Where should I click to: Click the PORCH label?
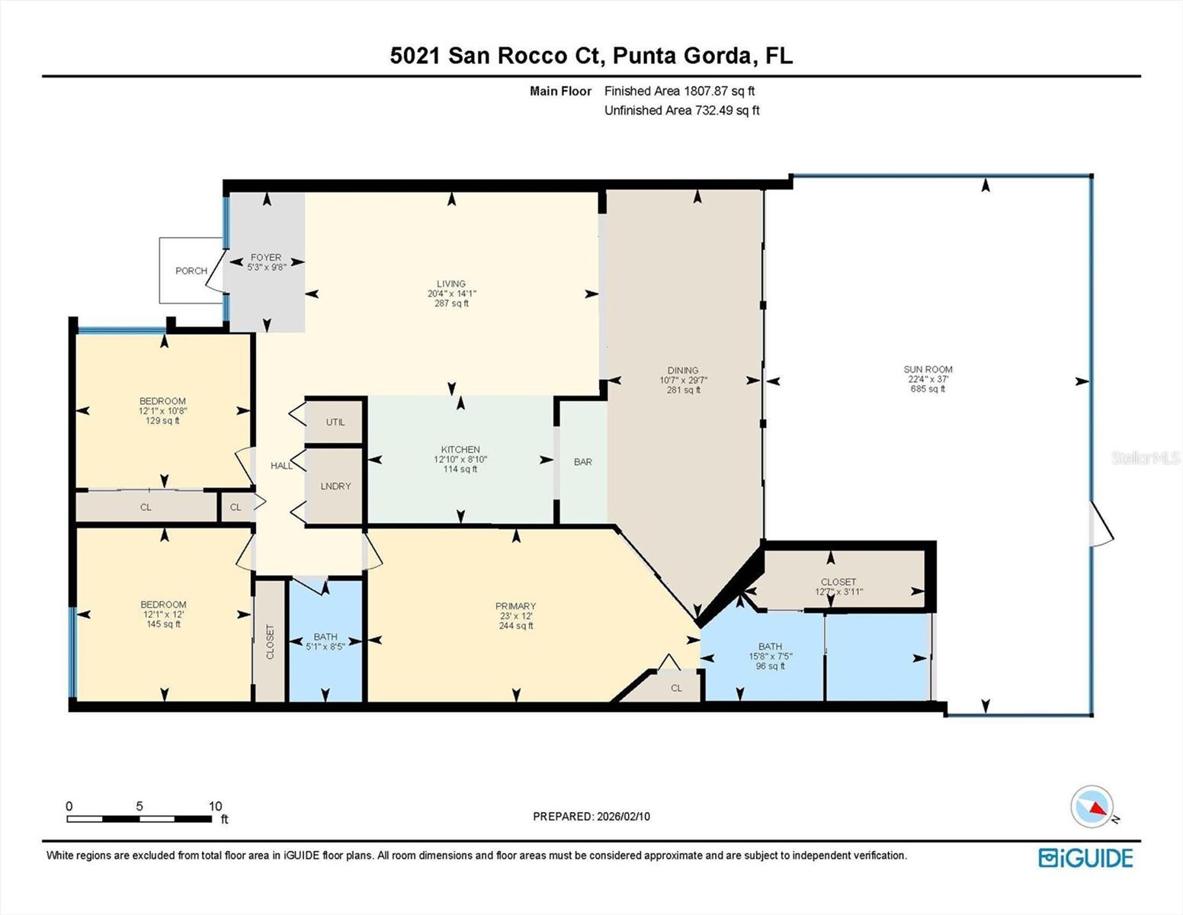pyautogui.click(x=191, y=271)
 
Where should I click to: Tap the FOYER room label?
pyautogui.click(x=265, y=258)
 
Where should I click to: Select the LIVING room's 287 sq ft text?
pyautogui.click(x=451, y=303)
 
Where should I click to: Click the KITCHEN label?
pyautogui.click(x=460, y=450)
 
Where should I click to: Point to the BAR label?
pyautogui.click(x=583, y=462)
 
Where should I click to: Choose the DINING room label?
pyautogui.click(x=683, y=371)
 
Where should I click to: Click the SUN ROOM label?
pyautogui.click(x=928, y=370)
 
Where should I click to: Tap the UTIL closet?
pyautogui.click(x=335, y=422)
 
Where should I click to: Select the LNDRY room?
pyautogui.click(x=335, y=486)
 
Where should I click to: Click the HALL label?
pyautogui.click(x=281, y=465)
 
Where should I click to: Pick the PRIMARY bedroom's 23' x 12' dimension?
pyautogui.click(x=515, y=616)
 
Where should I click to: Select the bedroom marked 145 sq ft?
pyautogui.click(x=163, y=615)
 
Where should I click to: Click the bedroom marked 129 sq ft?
pyautogui.click(x=162, y=411)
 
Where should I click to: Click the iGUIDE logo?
pyautogui.click(x=1085, y=858)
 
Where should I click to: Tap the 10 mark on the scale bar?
pyautogui.click(x=215, y=806)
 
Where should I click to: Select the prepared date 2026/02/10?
pyautogui.click(x=623, y=817)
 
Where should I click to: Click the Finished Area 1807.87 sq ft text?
pyautogui.click(x=679, y=91)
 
